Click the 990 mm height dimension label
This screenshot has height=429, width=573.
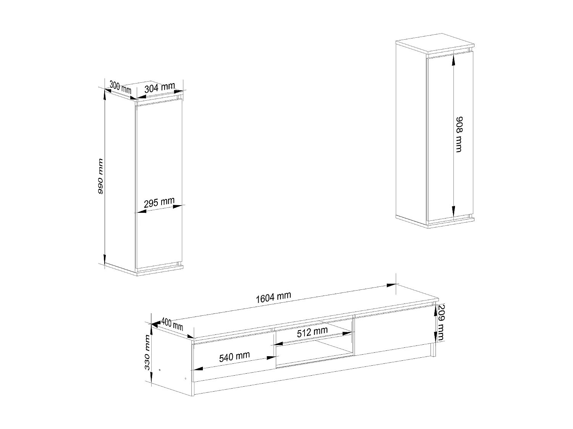pyautogui.click(x=101, y=176)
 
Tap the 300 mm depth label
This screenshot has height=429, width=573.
pyautogui.click(x=120, y=88)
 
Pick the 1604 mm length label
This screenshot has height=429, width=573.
pyautogui.click(x=274, y=297)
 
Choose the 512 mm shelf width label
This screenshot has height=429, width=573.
pyautogui.click(x=312, y=332)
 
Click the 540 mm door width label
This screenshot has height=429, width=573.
pyautogui.click(x=234, y=357)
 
